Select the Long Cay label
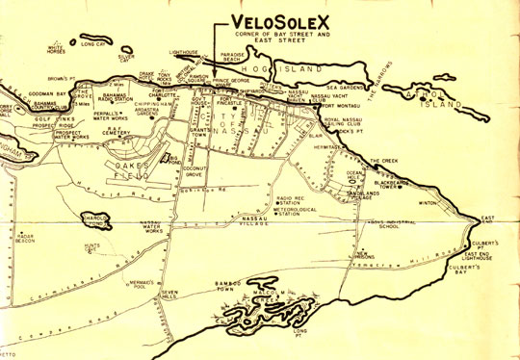click(93, 43)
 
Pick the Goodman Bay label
click(21, 94)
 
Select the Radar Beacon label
click(26, 237)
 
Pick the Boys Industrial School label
click(394, 225)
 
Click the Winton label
click(429, 204)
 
